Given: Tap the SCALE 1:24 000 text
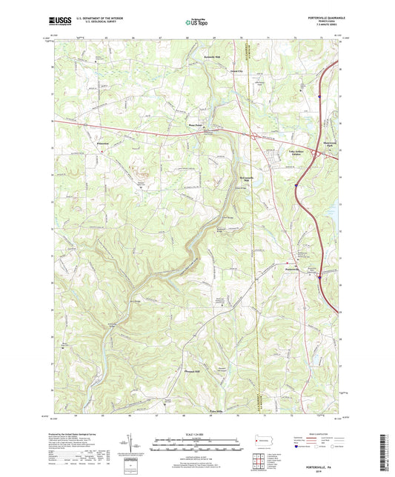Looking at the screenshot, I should click(x=196, y=433).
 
